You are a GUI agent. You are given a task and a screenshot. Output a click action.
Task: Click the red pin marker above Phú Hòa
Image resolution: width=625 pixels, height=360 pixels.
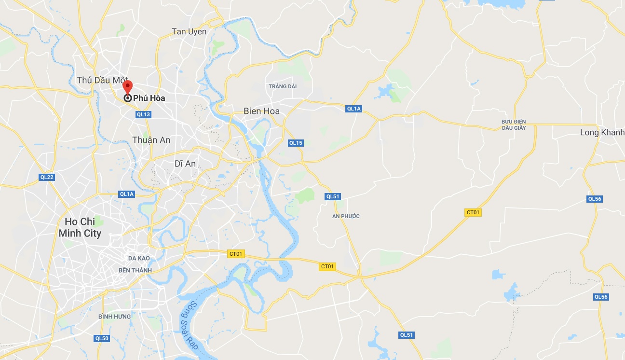click(x=127, y=87)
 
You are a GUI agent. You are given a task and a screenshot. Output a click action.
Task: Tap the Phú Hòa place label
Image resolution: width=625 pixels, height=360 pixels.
click(x=149, y=98)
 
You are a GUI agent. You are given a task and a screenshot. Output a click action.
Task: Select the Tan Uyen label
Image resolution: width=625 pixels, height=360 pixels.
click(x=189, y=32)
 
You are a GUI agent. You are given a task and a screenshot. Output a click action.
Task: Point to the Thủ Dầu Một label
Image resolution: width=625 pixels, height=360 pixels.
click(x=101, y=80)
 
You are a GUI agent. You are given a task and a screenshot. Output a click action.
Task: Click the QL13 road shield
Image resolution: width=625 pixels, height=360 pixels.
click(x=144, y=114)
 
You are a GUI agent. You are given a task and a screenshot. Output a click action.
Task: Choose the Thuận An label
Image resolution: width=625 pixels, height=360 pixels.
click(x=151, y=140)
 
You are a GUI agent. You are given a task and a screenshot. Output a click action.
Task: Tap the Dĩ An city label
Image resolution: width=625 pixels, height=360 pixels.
click(x=185, y=164)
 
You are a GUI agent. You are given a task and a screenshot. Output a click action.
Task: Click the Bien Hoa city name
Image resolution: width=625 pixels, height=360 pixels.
click(x=261, y=111)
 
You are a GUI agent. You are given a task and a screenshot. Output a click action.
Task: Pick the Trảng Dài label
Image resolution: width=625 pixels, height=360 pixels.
click(x=283, y=86)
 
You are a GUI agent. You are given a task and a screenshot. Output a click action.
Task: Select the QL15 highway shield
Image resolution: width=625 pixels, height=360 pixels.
click(x=296, y=143)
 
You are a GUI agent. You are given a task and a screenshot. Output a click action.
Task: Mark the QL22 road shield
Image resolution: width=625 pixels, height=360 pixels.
click(x=47, y=177)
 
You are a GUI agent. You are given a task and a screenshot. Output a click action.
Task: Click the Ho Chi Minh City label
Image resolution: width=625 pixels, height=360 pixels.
click(x=80, y=227)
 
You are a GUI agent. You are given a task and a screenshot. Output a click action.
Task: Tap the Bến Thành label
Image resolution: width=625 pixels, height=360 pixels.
click(x=135, y=270)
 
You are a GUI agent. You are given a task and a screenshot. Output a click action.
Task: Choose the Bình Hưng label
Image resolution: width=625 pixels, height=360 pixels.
click(x=114, y=317)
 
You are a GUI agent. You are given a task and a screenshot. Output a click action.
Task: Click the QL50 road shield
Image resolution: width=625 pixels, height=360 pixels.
click(x=102, y=338)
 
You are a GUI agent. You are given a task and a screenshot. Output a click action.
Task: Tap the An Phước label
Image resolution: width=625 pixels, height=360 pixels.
click(x=346, y=216)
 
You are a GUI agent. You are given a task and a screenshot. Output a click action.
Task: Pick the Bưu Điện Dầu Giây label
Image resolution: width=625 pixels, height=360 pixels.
click(x=513, y=125)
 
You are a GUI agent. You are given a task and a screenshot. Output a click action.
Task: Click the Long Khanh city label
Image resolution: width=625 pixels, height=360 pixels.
click(x=602, y=133)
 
